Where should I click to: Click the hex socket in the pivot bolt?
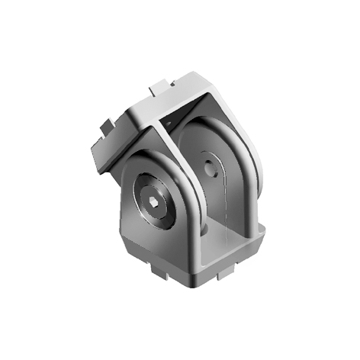click(x=156, y=204)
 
